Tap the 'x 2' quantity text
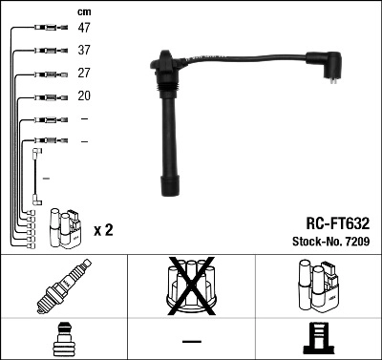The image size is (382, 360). [x=105, y=230]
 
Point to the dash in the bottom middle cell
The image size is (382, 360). [x=191, y=341]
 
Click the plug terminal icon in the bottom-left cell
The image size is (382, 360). [x=64, y=340]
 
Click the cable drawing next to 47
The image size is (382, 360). [x=44, y=29]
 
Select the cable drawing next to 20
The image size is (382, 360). [x=44, y=96]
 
